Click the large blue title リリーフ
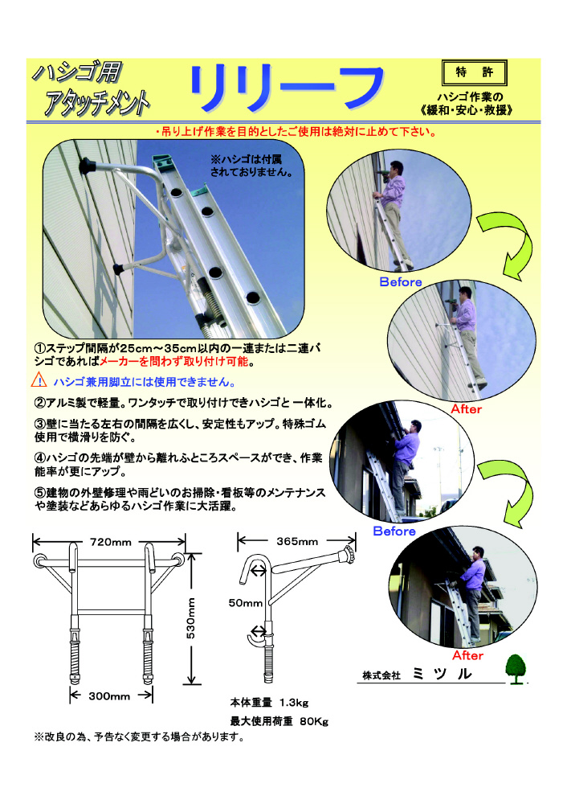click(x=288, y=88)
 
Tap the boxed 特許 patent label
click(x=474, y=73)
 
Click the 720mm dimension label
click(x=111, y=542)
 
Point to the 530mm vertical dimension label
click(x=190, y=617)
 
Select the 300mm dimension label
click(x=109, y=695)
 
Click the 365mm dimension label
click(x=297, y=541)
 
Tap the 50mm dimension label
click(x=245, y=603)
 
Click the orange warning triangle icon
click(x=39, y=380)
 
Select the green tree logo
click(x=516, y=669)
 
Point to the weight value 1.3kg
click(x=294, y=703)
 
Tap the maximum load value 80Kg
click(x=314, y=721)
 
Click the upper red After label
click(x=466, y=408)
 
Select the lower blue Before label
click(x=394, y=531)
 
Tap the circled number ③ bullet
click(x=40, y=425)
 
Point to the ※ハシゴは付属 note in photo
click(x=246, y=159)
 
